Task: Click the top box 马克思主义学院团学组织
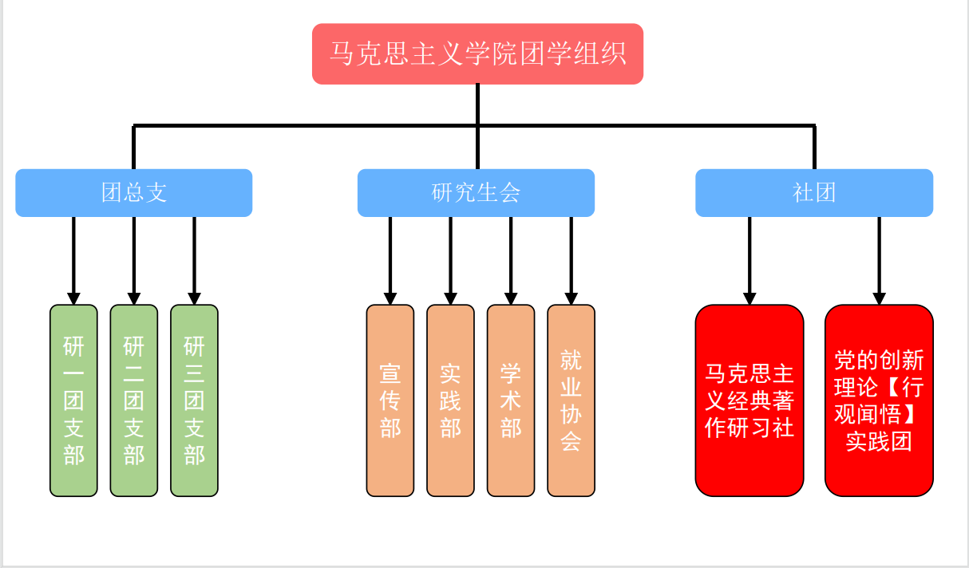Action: pyautogui.click(x=477, y=53)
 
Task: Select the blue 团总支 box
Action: pyautogui.click(x=134, y=192)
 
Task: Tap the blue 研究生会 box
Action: pyautogui.click(x=476, y=192)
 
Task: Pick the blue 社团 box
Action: pyautogui.click(x=814, y=192)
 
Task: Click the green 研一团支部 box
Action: pyautogui.click(x=73, y=400)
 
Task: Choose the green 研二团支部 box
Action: pyautogui.click(x=134, y=400)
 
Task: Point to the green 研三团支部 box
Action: pyautogui.click(x=194, y=400)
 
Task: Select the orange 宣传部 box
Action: pyautogui.click(x=390, y=400)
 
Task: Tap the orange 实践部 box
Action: pyautogui.click(x=450, y=400)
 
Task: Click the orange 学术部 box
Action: pyautogui.click(x=511, y=400)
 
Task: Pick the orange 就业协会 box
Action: pyautogui.click(x=571, y=400)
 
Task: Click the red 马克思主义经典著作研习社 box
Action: pyautogui.click(x=749, y=400)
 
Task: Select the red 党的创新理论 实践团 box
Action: pyautogui.click(x=879, y=400)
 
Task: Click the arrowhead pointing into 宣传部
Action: pyautogui.click(x=390, y=298)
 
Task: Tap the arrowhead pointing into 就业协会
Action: pyautogui.click(x=571, y=298)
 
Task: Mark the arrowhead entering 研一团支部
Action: pyautogui.click(x=73, y=298)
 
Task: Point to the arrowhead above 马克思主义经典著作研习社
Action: pyautogui.click(x=749, y=298)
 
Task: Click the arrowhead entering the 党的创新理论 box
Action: pyautogui.click(x=879, y=298)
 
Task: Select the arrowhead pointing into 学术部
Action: pyautogui.click(x=511, y=298)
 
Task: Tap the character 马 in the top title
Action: pyautogui.click(x=342, y=54)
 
